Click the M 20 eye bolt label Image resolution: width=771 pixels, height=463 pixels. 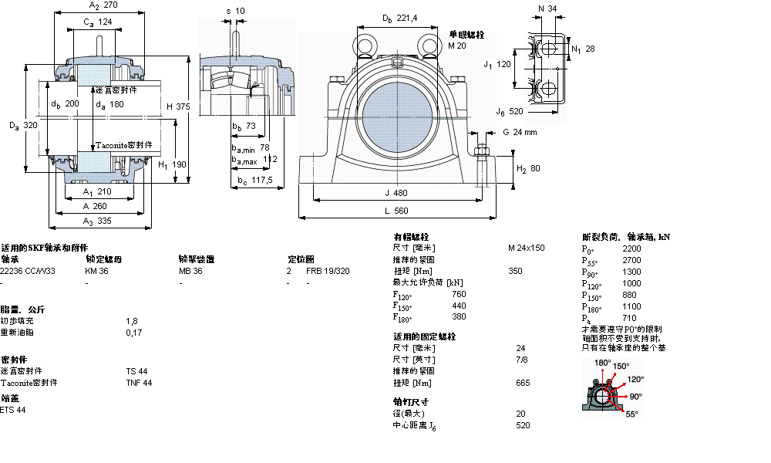click(x=457, y=46)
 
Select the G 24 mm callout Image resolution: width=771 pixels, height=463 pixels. click(x=520, y=132)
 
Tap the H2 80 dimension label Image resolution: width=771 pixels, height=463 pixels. click(x=528, y=168)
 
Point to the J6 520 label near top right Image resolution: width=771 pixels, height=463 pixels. click(x=510, y=111)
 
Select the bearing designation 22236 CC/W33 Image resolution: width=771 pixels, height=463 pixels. click(x=28, y=271)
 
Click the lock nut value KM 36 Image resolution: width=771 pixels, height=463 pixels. click(x=97, y=271)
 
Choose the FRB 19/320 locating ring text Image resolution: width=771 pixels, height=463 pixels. click(x=328, y=271)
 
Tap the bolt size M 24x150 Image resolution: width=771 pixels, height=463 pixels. click(x=526, y=248)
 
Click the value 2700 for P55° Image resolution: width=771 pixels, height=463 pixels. click(x=631, y=260)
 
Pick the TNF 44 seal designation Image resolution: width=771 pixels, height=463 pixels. click(x=139, y=383)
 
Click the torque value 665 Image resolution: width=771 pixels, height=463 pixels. click(x=522, y=383)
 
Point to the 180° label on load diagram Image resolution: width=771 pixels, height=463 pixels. click(x=602, y=363)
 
